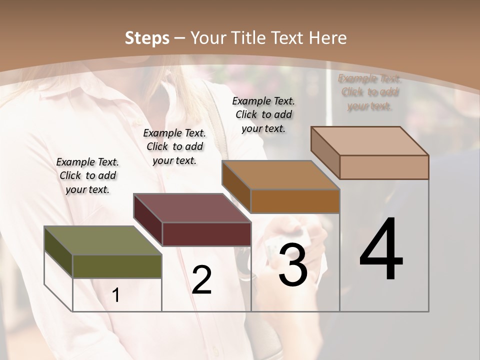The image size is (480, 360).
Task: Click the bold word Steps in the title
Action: [x=147, y=38]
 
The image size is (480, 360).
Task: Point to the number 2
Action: [x=202, y=280]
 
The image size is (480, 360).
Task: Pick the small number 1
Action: [x=116, y=295]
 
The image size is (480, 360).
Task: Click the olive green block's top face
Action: [x=103, y=240]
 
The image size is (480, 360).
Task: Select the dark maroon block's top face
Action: [x=192, y=208]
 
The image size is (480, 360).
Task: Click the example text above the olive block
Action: [x=87, y=175]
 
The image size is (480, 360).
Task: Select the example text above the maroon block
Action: [x=174, y=146]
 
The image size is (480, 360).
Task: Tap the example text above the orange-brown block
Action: [x=263, y=114]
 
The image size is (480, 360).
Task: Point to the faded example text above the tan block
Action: [x=369, y=92]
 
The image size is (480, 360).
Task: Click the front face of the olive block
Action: [x=117, y=266]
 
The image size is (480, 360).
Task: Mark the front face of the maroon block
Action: [x=206, y=234]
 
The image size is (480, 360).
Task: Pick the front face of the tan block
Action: [x=384, y=167]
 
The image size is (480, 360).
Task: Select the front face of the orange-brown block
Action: [x=295, y=201]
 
